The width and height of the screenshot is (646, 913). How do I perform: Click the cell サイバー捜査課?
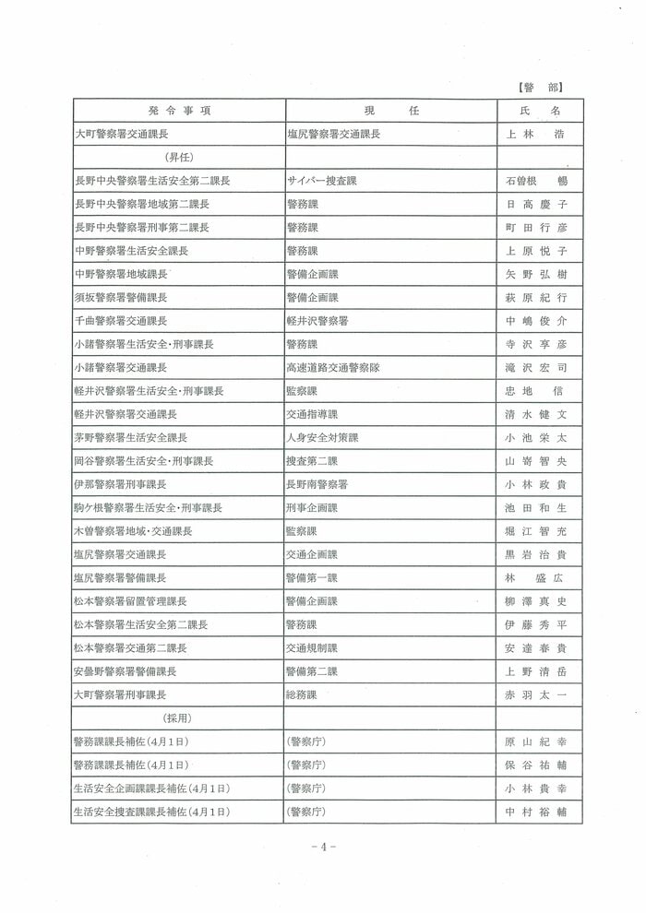tap(317, 181)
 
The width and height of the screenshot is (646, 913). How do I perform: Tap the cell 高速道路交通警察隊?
tap(333, 368)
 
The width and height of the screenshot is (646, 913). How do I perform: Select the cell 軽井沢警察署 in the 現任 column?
tap(317, 321)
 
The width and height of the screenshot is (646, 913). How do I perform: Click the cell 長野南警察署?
tap(317, 484)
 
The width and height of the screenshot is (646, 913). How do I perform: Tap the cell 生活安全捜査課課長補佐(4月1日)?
tap(151, 812)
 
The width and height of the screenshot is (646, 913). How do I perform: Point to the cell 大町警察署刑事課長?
tap(121, 694)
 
